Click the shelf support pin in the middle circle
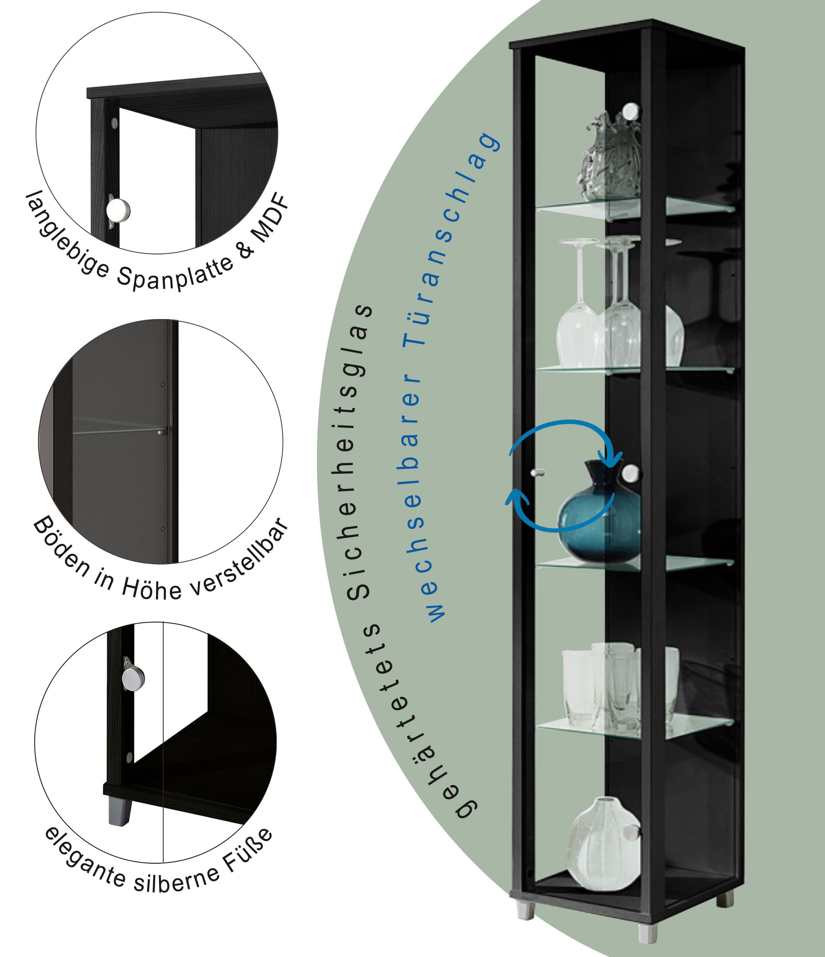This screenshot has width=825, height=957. (x=161, y=433)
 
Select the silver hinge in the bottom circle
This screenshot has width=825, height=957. (x=132, y=678)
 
